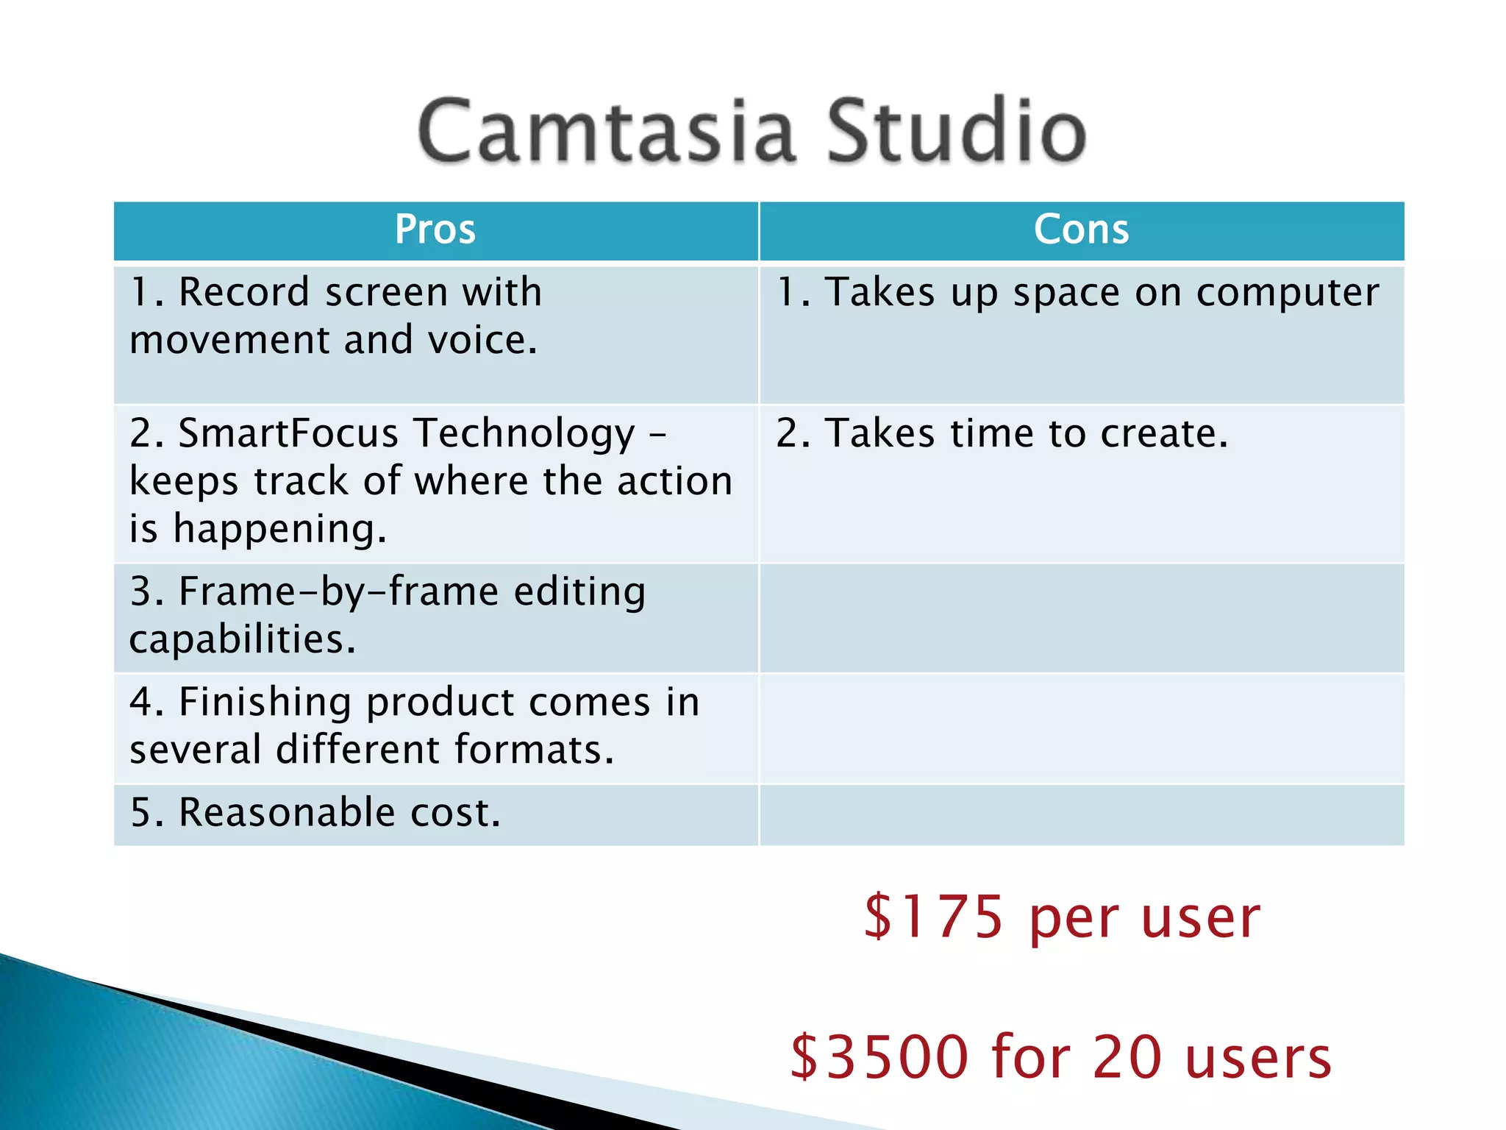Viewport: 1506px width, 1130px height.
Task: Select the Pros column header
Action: [435, 230]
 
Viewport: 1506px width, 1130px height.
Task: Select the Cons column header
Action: [1081, 230]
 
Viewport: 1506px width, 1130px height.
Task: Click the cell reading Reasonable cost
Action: [316, 813]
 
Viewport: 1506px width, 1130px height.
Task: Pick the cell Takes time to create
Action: [1002, 433]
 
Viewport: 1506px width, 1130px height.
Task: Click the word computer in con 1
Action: [1287, 293]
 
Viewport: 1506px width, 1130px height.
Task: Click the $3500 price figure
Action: [879, 1056]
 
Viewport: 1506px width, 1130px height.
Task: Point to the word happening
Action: [279, 530]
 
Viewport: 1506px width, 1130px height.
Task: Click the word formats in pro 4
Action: [534, 750]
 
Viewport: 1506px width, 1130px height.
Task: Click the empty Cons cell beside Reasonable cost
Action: [1081, 814]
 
